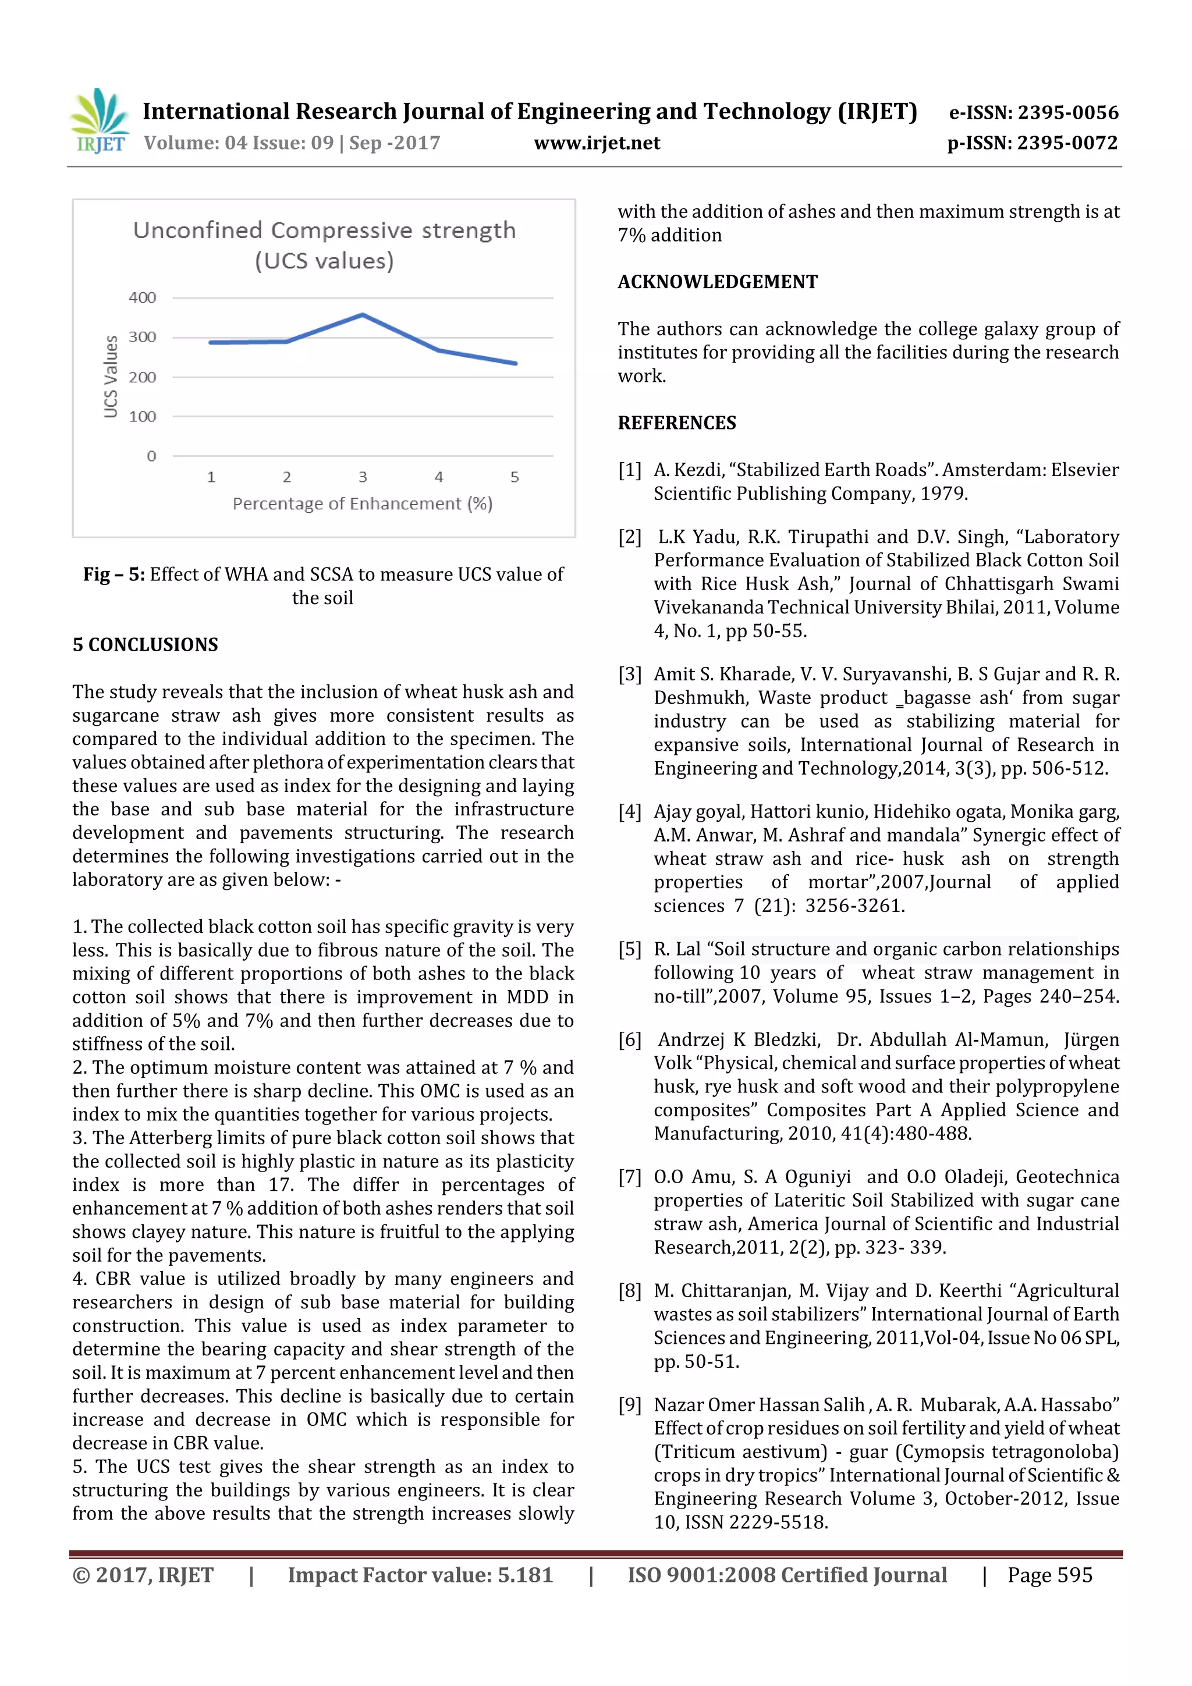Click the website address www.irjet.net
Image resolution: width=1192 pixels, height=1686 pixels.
(597, 143)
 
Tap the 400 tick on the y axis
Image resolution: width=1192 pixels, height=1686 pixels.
(143, 297)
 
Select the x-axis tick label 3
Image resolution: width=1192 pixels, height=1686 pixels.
(363, 477)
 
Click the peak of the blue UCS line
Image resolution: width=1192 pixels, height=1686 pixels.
(363, 315)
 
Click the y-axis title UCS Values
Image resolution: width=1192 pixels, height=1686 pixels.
(111, 377)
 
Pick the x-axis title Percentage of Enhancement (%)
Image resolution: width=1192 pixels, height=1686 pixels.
(362, 504)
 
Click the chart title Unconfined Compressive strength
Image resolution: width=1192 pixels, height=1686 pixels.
(324, 230)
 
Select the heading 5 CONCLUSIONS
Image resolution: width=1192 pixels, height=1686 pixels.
(146, 645)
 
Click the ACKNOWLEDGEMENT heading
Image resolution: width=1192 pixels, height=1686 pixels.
(718, 282)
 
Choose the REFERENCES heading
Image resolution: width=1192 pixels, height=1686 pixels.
(676, 423)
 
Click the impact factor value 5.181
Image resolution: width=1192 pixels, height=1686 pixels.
(524, 1575)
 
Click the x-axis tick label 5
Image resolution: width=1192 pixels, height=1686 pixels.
(515, 477)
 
